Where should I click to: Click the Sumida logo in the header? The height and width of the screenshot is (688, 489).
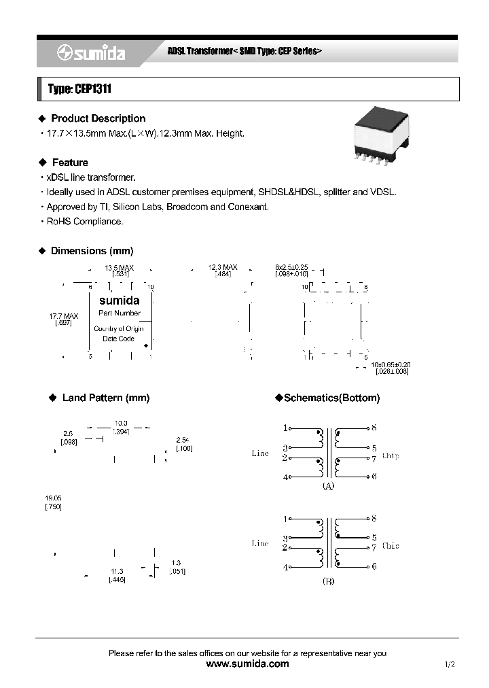90,54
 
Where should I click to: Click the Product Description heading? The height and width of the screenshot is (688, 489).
98,118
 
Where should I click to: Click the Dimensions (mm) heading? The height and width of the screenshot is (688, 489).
92,251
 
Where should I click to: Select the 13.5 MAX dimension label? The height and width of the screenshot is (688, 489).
119,268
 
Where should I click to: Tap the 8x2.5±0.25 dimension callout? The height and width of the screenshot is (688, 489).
292,268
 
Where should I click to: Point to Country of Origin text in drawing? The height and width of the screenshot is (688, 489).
119,329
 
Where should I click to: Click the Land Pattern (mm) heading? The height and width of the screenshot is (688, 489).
105,398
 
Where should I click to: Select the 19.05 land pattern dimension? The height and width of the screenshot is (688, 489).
53,498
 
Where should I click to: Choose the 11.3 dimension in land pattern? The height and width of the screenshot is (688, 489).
117,571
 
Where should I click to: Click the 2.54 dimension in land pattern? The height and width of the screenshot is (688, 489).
183,440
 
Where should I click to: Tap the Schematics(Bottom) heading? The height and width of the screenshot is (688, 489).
331,398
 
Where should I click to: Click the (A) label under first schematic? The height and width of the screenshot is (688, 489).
327,487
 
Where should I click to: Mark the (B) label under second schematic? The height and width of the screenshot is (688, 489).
327,581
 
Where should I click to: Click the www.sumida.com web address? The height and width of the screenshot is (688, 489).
247,664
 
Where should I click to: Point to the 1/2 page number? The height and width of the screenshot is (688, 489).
449,665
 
